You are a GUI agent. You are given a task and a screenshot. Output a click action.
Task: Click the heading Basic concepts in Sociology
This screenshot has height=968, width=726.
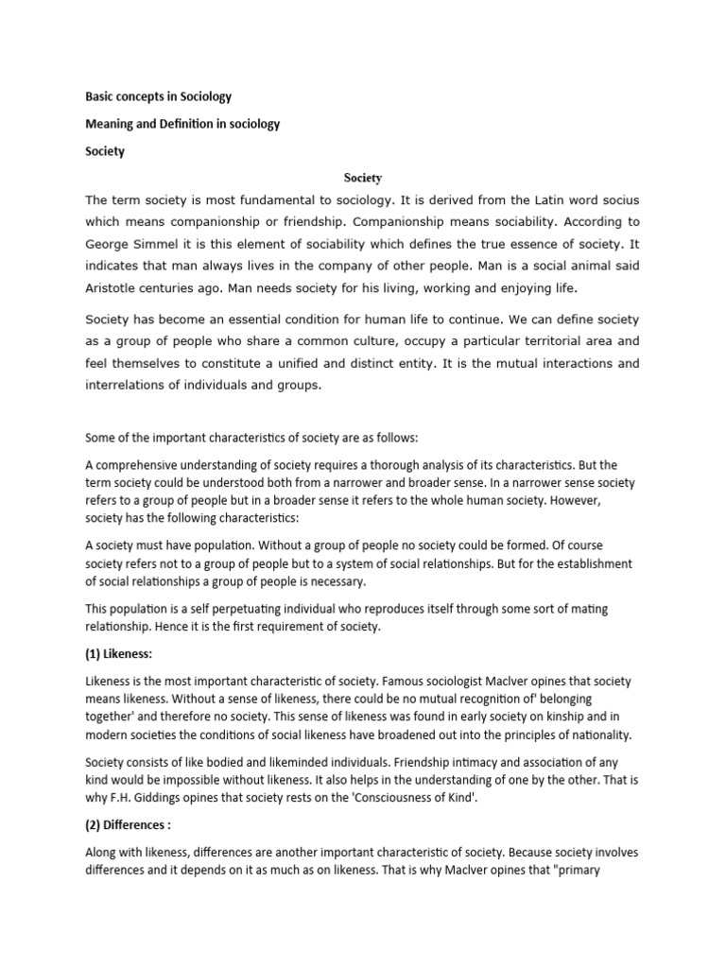coord(159,97)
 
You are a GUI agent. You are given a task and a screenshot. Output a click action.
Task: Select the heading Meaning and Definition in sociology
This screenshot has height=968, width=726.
coord(182,124)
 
